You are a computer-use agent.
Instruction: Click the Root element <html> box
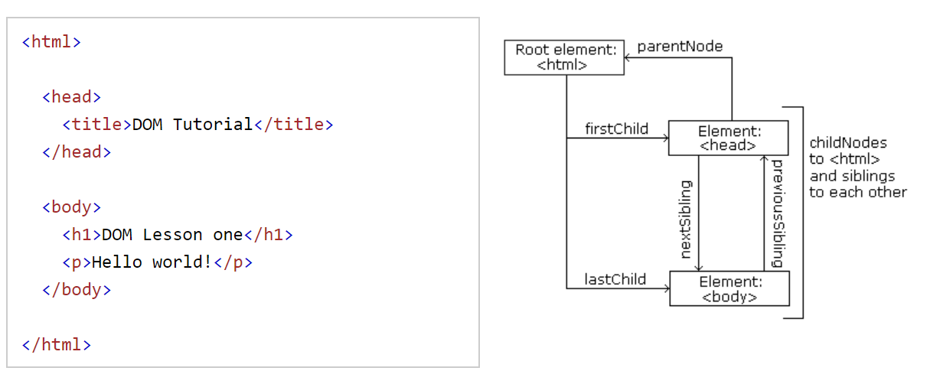[564, 57]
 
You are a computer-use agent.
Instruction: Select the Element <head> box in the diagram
[728, 138]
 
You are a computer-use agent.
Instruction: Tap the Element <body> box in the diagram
[729, 288]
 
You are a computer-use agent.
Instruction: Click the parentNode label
[680, 46]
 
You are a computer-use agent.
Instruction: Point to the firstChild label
[616, 129]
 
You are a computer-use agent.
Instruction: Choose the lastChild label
[615, 279]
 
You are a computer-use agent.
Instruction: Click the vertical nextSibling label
[686, 220]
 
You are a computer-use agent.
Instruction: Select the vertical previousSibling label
[777, 213]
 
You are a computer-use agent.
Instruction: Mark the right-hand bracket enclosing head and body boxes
[801, 213]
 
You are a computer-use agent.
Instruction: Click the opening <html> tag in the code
[51, 41]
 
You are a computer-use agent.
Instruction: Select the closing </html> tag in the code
[57, 344]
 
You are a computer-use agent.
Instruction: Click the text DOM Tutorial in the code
[192, 124]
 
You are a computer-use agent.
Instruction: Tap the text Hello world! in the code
[152, 262]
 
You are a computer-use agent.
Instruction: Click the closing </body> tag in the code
[77, 289]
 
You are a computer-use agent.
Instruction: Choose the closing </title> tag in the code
[293, 124]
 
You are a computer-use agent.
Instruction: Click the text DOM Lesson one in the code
[172, 234]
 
